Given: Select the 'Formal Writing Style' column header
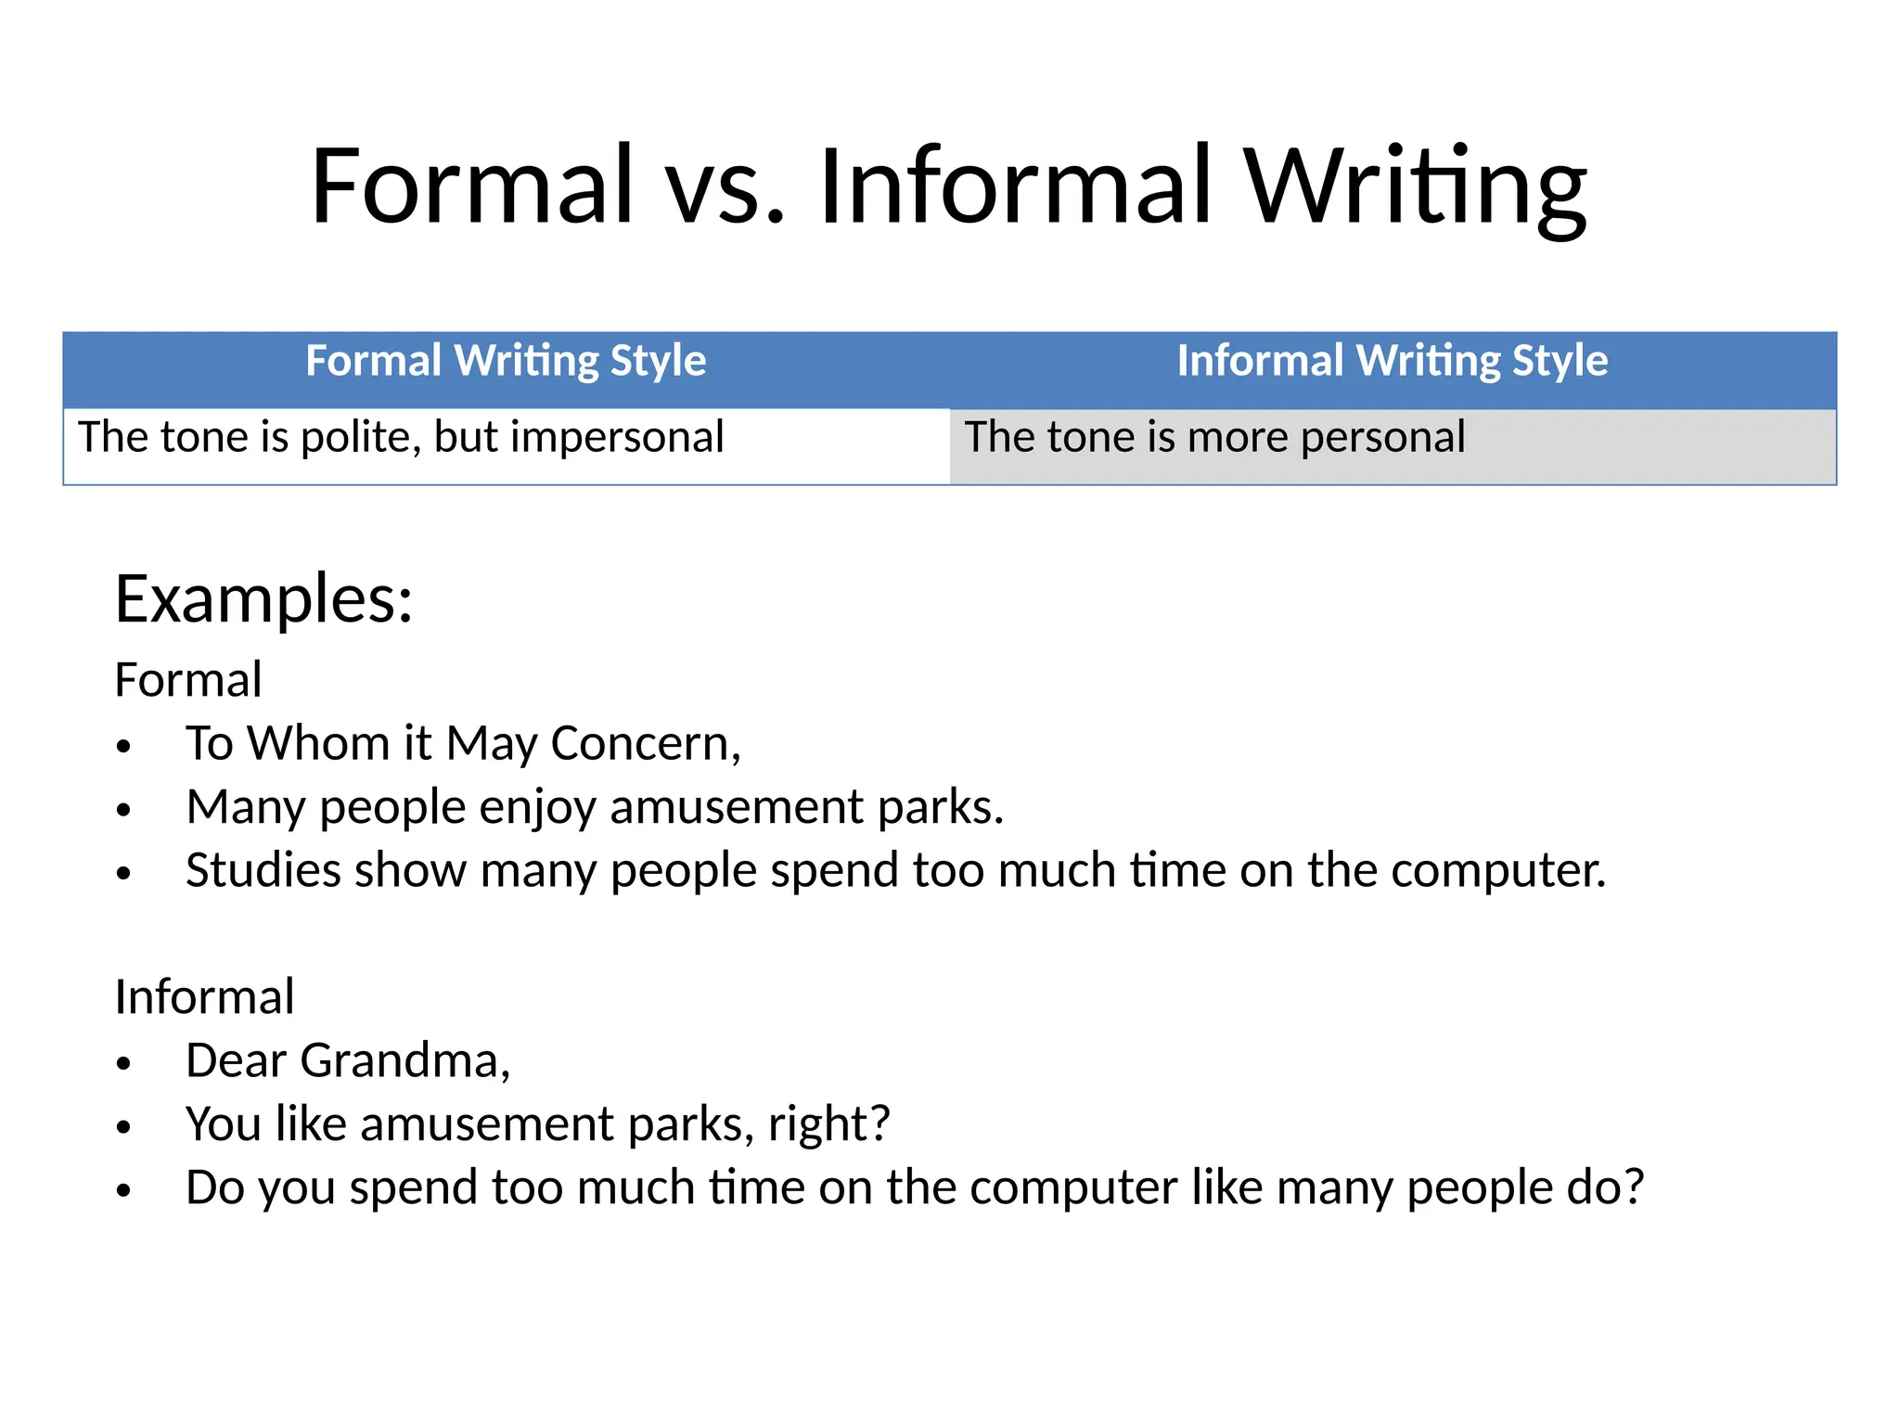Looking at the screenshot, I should point(506,361).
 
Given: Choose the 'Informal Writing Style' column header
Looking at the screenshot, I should point(1392,361).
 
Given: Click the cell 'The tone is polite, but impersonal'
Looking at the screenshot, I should point(401,437).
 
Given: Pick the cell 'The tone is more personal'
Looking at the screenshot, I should point(1214,437).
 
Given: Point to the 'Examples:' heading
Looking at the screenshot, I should point(263,599).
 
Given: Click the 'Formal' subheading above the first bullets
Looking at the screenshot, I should point(188,680).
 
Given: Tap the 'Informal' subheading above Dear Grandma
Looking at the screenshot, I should point(204,997).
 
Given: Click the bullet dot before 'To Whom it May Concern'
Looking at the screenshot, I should point(124,747).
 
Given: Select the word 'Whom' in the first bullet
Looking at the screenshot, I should point(318,744).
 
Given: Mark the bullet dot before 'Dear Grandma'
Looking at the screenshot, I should point(124,1064).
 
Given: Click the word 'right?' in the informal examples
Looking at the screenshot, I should point(828,1124).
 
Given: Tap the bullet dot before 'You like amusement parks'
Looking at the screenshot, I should point(124,1127).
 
